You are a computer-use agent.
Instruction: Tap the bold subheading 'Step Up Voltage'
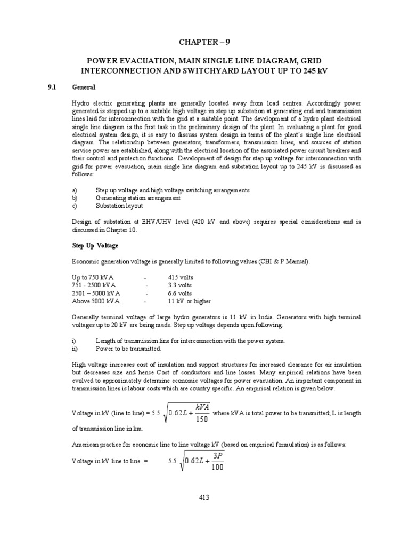coord(95,246)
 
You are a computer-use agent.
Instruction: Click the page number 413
coord(204,497)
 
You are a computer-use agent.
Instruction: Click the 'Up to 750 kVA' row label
coord(93,278)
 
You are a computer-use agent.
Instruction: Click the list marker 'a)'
coord(75,190)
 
